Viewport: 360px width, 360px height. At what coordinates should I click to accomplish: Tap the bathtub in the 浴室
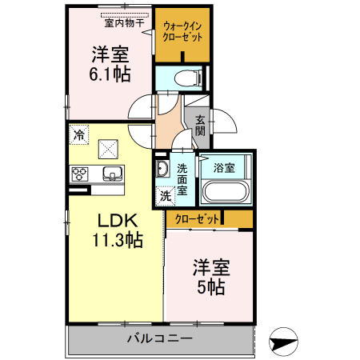click(225, 193)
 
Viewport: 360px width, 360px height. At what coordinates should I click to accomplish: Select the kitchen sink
click(110, 174)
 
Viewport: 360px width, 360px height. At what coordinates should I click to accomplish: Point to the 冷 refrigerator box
click(78, 134)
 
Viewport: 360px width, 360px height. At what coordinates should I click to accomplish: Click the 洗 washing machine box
click(166, 194)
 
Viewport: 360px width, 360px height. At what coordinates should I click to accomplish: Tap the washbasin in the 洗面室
click(162, 169)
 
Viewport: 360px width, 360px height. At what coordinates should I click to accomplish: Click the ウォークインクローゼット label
click(183, 31)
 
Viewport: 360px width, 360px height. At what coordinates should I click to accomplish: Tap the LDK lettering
click(118, 220)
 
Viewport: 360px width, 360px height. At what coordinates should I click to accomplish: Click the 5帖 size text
click(210, 286)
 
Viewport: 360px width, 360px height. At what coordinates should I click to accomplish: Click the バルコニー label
click(160, 338)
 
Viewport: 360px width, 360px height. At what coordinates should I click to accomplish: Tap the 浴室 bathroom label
click(224, 168)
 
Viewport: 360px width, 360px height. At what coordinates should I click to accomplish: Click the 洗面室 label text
click(183, 179)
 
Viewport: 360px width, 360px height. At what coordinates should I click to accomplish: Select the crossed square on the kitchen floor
click(108, 149)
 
